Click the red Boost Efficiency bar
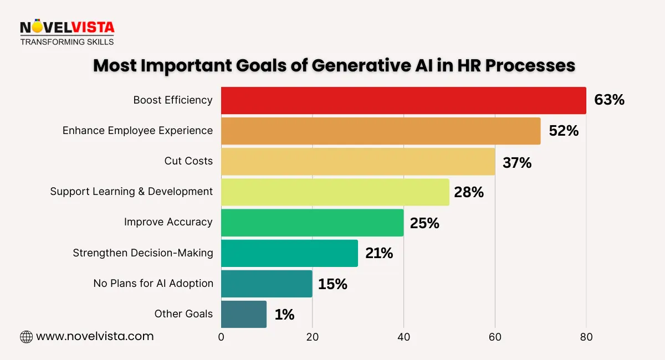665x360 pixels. coord(403,100)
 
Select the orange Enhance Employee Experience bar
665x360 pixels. coord(381,131)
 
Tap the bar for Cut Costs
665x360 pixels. coord(358,161)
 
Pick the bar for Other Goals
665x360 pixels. coord(244,314)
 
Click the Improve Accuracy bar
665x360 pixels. coord(312,222)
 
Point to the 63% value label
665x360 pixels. coord(609,100)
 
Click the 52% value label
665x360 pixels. coord(564,131)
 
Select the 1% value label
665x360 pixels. coord(284,315)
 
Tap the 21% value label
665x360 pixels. coord(379,253)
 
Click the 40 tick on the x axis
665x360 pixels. coord(403,337)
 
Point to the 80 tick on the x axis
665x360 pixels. coord(586,337)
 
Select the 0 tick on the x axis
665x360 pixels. coord(221,337)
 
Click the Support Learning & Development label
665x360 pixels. coord(131,192)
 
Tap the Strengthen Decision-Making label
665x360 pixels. coord(143,253)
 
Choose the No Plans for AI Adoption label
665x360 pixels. coord(153,284)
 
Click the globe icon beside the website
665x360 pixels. coord(26,337)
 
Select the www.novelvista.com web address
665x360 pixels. coord(95,336)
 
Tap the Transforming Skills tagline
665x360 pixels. coord(67,42)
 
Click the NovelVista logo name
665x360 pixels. coord(67,27)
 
